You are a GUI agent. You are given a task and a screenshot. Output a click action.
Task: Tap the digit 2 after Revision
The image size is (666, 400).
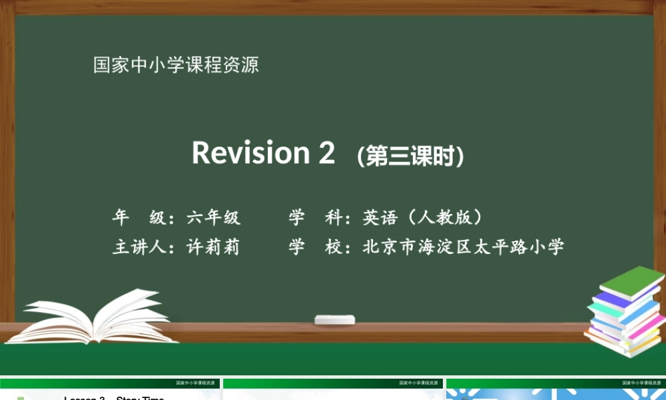point(326,153)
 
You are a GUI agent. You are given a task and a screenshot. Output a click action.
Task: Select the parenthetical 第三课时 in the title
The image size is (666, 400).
point(410,156)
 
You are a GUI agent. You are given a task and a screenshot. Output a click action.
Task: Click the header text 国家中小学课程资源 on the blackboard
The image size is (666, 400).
point(176,65)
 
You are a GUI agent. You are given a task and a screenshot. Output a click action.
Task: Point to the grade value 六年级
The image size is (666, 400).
point(213,217)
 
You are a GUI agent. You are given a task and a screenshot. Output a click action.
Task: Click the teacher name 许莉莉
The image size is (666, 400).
point(213,247)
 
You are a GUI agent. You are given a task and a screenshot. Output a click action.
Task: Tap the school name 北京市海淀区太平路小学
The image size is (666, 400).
point(463,247)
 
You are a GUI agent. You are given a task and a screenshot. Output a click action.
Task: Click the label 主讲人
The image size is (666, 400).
point(139,247)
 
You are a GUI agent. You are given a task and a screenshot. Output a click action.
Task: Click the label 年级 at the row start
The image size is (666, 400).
point(139,217)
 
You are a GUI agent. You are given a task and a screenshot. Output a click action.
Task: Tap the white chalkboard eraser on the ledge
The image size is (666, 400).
point(334,319)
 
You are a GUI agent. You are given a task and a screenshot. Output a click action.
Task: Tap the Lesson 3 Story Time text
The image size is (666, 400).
point(114,398)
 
